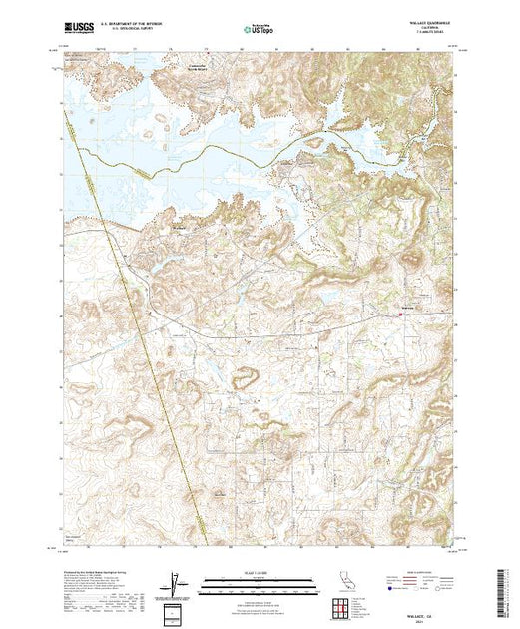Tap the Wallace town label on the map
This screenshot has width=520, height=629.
406,307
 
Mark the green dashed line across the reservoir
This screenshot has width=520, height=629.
230,148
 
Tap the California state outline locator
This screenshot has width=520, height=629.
340,581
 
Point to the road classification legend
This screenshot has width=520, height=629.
420,585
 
